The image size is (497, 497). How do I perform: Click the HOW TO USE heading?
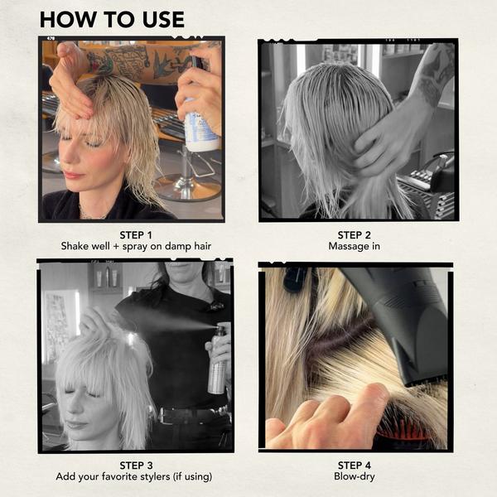click(112, 19)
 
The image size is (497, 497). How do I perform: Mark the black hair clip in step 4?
click(295, 279)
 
